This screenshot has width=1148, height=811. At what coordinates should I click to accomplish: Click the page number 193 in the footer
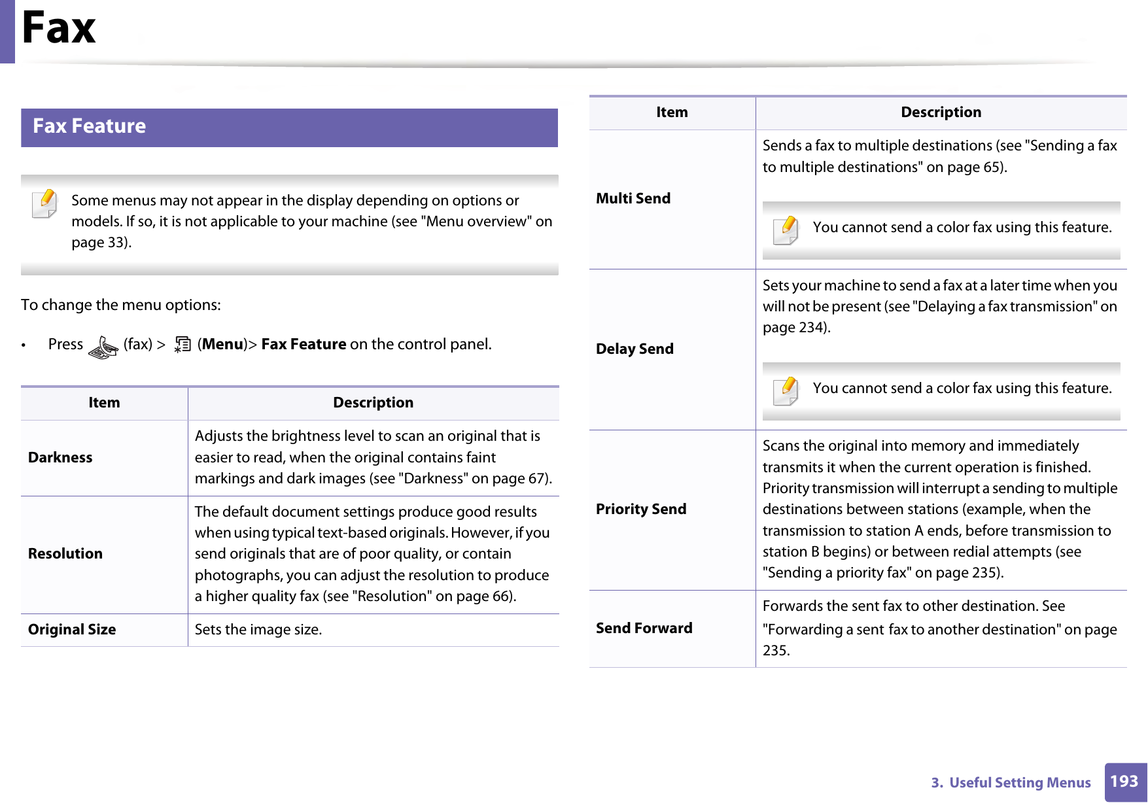1124,782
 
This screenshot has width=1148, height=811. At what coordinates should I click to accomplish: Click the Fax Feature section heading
90,126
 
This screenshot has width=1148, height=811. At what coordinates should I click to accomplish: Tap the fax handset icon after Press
103,347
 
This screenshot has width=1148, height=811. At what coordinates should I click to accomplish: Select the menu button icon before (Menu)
183,345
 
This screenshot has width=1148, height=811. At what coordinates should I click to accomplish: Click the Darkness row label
60,458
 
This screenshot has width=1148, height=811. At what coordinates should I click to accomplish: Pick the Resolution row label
65,554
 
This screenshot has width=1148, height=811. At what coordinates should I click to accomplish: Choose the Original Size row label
72,630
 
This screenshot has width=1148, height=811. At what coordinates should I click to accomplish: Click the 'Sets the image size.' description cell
258,630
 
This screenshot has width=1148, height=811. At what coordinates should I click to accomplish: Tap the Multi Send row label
633,199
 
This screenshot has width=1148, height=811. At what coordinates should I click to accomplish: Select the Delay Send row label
635,349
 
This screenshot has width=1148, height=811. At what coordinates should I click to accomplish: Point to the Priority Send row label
641,509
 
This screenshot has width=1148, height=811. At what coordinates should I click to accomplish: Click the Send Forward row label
644,629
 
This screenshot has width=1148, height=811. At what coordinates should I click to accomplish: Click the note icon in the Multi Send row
786,230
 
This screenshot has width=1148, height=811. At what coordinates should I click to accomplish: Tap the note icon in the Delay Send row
786,390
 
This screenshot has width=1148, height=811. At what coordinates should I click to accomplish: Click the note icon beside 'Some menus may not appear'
44,203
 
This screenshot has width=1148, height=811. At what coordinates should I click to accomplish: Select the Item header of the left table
104,403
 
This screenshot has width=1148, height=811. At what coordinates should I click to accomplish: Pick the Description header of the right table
941,112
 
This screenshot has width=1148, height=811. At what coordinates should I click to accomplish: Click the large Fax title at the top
59,28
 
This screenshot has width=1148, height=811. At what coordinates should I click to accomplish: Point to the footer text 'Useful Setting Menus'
1019,783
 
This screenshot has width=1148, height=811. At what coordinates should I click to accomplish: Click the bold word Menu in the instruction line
222,345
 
